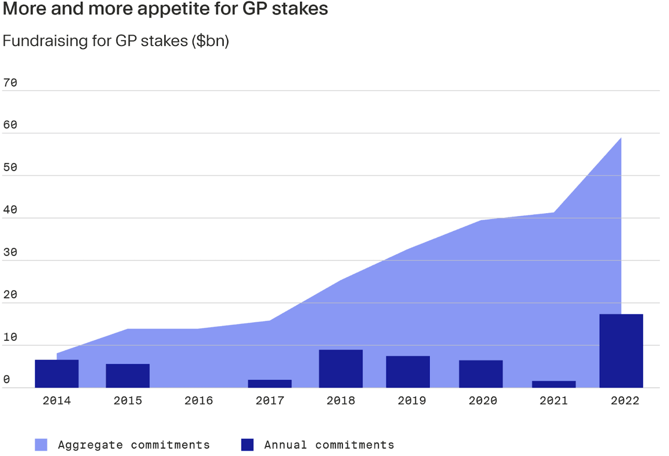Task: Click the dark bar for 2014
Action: [x=56, y=373]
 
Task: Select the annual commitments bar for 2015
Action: [x=128, y=376]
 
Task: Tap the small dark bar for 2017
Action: [x=270, y=384]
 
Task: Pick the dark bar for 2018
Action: [x=341, y=369]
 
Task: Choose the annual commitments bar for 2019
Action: [x=408, y=372]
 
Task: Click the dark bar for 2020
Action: [x=481, y=374]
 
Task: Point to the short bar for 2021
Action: [x=554, y=384]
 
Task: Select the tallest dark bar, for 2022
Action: [x=621, y=351]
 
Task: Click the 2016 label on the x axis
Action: [x=199, y=401]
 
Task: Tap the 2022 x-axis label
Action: [x=625, y=401]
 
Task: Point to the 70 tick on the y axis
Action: [x=10, y=83]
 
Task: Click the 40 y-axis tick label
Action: [x=10, y=210]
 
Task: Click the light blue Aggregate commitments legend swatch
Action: [x=41, y=444]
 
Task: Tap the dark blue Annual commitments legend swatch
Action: [x=247, y=444]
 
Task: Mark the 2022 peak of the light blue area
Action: [x=621, y=139]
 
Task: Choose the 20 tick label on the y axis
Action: [x=10, y=295]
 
